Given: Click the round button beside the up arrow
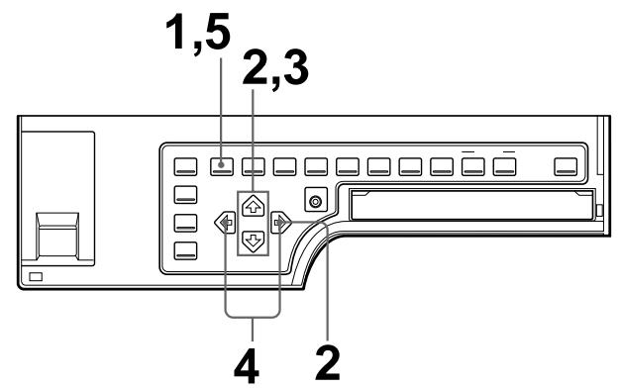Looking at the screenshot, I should tap(315, 203).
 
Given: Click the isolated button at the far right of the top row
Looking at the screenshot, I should tap(566, 163).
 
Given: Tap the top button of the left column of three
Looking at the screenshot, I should tap(186, 193).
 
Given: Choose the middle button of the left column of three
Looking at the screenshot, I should tap(186, 222).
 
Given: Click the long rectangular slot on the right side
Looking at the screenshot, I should tap(471, 208).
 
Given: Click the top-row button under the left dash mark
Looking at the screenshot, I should tap(473, 163).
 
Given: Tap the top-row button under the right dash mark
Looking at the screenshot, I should tap(506, 163).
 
